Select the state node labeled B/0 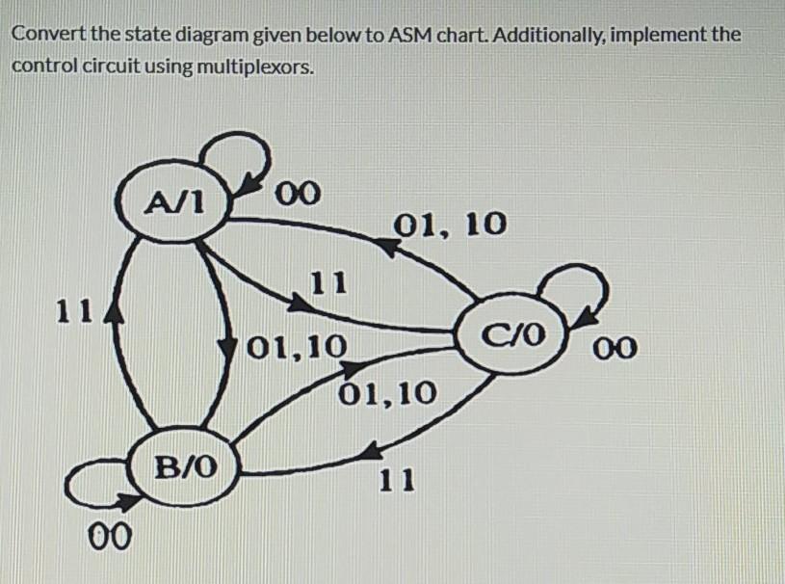[x=186, y=469]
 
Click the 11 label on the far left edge [x=71, y=310]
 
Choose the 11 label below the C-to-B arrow [x=396, y=479]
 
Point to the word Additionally [x=554, y=36]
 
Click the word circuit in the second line [x=105, y=66]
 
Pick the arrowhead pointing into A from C [x=386, y=248]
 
